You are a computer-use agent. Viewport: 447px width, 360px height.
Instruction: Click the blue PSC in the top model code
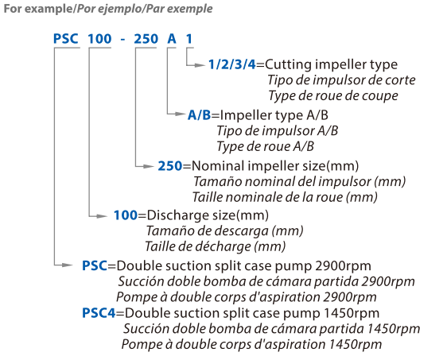pyautogui.click(x=66, y=39)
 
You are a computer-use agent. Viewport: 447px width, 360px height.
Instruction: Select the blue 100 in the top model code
pyautogui.click(x=99, y=39)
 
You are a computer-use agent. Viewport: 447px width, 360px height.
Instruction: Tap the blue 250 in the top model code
pyautogui.click(x=146, y=39)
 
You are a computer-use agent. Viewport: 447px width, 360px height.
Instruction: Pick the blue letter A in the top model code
pyautogui.click(x=172, y=39)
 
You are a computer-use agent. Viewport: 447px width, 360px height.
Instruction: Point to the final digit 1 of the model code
pyautogui.click(x=189, y=39)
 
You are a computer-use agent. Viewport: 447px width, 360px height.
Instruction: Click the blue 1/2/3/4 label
pyautogui.click(x=232, y=64)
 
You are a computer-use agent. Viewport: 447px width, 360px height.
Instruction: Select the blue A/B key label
pyautogui.click(x=199, y=115)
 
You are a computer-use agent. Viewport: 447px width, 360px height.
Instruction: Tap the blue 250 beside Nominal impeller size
pyautogui.click(x=170, y=166)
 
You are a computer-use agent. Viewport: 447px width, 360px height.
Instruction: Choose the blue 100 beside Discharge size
pyautogui.click(x=126, y=215)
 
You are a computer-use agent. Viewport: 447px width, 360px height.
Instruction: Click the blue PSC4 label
pyautogui.click(x=99, y=313)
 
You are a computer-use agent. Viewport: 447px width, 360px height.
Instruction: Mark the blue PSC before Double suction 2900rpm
pyautogui.click(x=95, y=265)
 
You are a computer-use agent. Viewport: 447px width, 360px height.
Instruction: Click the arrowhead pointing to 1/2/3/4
pyautogui.click(x=199, y=65)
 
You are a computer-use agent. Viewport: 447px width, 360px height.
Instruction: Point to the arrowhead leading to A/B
pyautogui.click(x=179, y=114)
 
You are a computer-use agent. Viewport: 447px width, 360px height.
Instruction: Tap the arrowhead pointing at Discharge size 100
pyautogui.click(x=102, y=216)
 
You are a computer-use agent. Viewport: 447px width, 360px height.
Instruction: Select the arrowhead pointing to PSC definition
pyautogui.click(x=68, y=265)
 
